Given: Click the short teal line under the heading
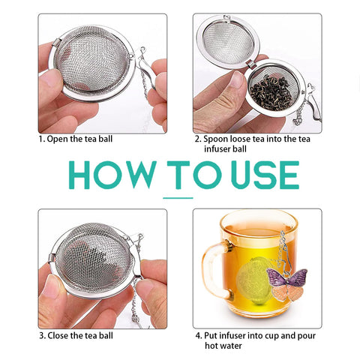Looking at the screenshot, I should click(178, 198).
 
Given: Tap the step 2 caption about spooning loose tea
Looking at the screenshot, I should click(251, 143).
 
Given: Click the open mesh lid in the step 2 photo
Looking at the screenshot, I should click(225, 45).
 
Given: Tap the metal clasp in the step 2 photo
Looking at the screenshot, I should click(307, 97).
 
